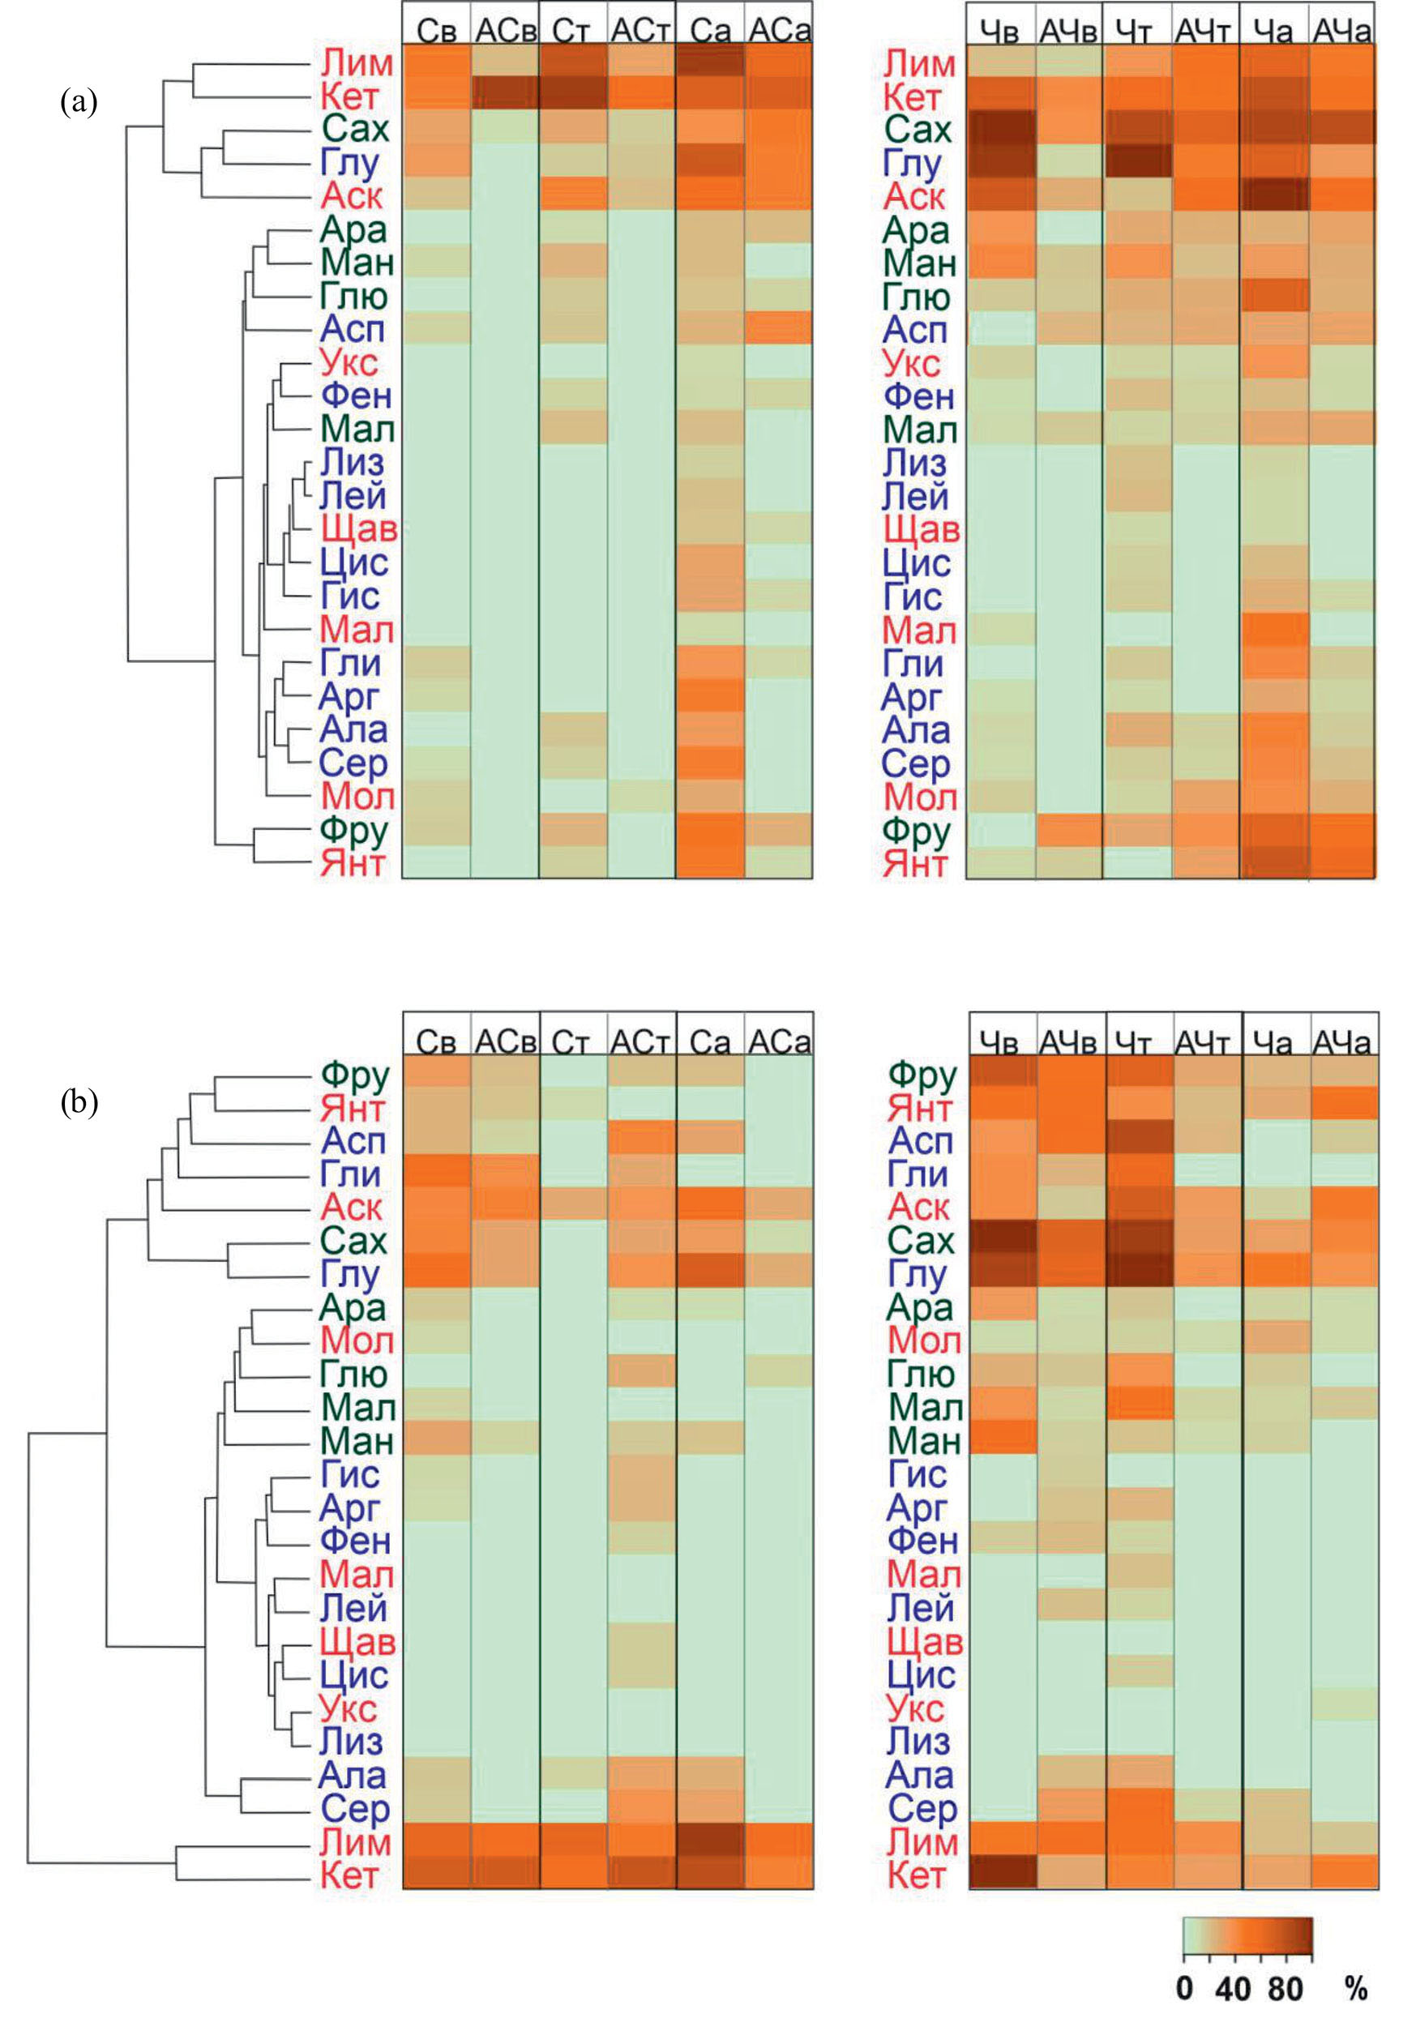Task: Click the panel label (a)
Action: click(x=78, y=103)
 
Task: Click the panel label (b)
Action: click(x=78, y=1102)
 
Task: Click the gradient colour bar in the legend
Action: click(x=1247, y=1935)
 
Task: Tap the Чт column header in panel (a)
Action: click(x=1137, y=32)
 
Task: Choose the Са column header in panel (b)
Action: click(x=710, y=1043)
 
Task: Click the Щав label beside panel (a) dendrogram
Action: click(x=358, y=529)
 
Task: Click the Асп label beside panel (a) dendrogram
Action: click(x=353, y=329)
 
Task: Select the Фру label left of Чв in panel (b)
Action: click(x=922, y=1075)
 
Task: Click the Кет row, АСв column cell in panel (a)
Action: click(x=505, y=93)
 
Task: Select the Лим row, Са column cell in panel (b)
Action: click(x=710, y=1840)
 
